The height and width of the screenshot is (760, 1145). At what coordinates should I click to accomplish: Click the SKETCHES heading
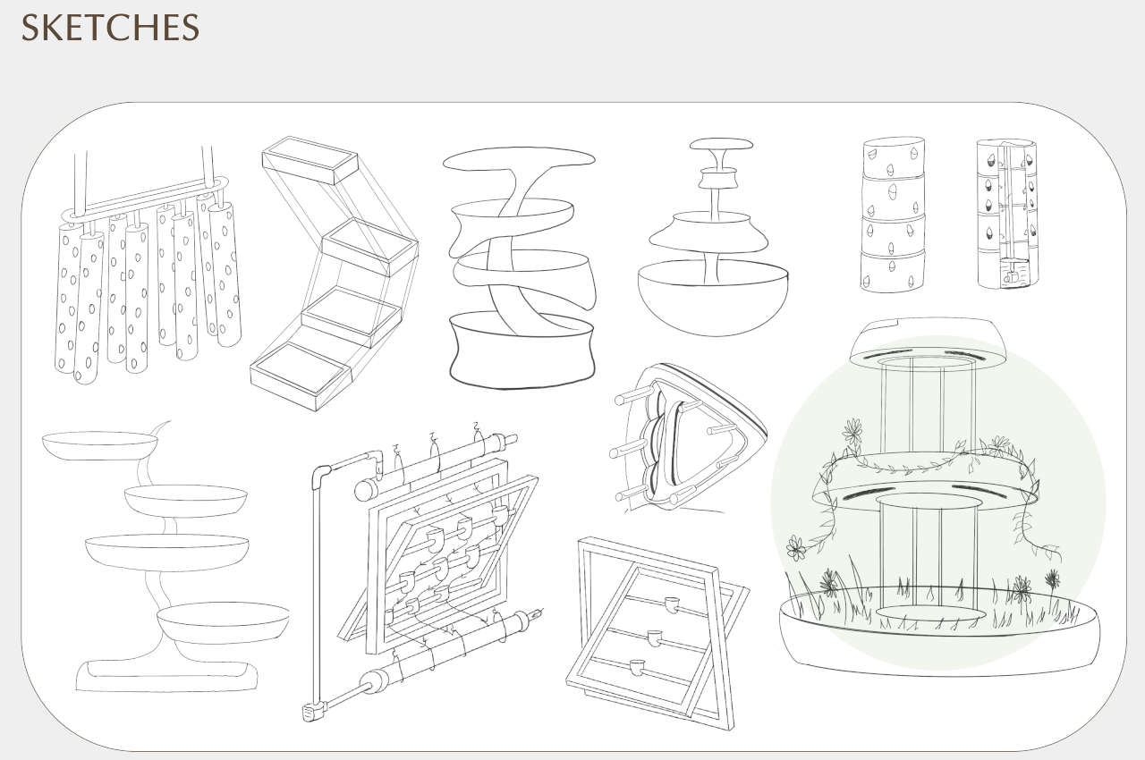[x=110, y=28]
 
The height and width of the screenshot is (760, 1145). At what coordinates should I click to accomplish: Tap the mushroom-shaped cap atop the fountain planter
[x=720, y=145]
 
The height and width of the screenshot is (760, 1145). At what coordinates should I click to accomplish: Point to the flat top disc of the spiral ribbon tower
[x=518, y=160]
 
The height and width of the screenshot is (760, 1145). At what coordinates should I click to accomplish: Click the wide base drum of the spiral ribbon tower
[x=522, y=353]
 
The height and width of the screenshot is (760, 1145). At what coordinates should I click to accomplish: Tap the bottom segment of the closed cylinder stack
[x=892, y=271]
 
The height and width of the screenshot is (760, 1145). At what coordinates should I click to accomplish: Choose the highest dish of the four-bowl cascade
[x=99, y=444]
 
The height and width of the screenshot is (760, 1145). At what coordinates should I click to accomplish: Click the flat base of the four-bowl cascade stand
[x=167, y=676]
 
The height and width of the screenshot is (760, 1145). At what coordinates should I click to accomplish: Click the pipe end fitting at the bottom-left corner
[x=312, y=712]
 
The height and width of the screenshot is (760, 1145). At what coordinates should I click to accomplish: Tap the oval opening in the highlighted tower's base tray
[x=929, y=612]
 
